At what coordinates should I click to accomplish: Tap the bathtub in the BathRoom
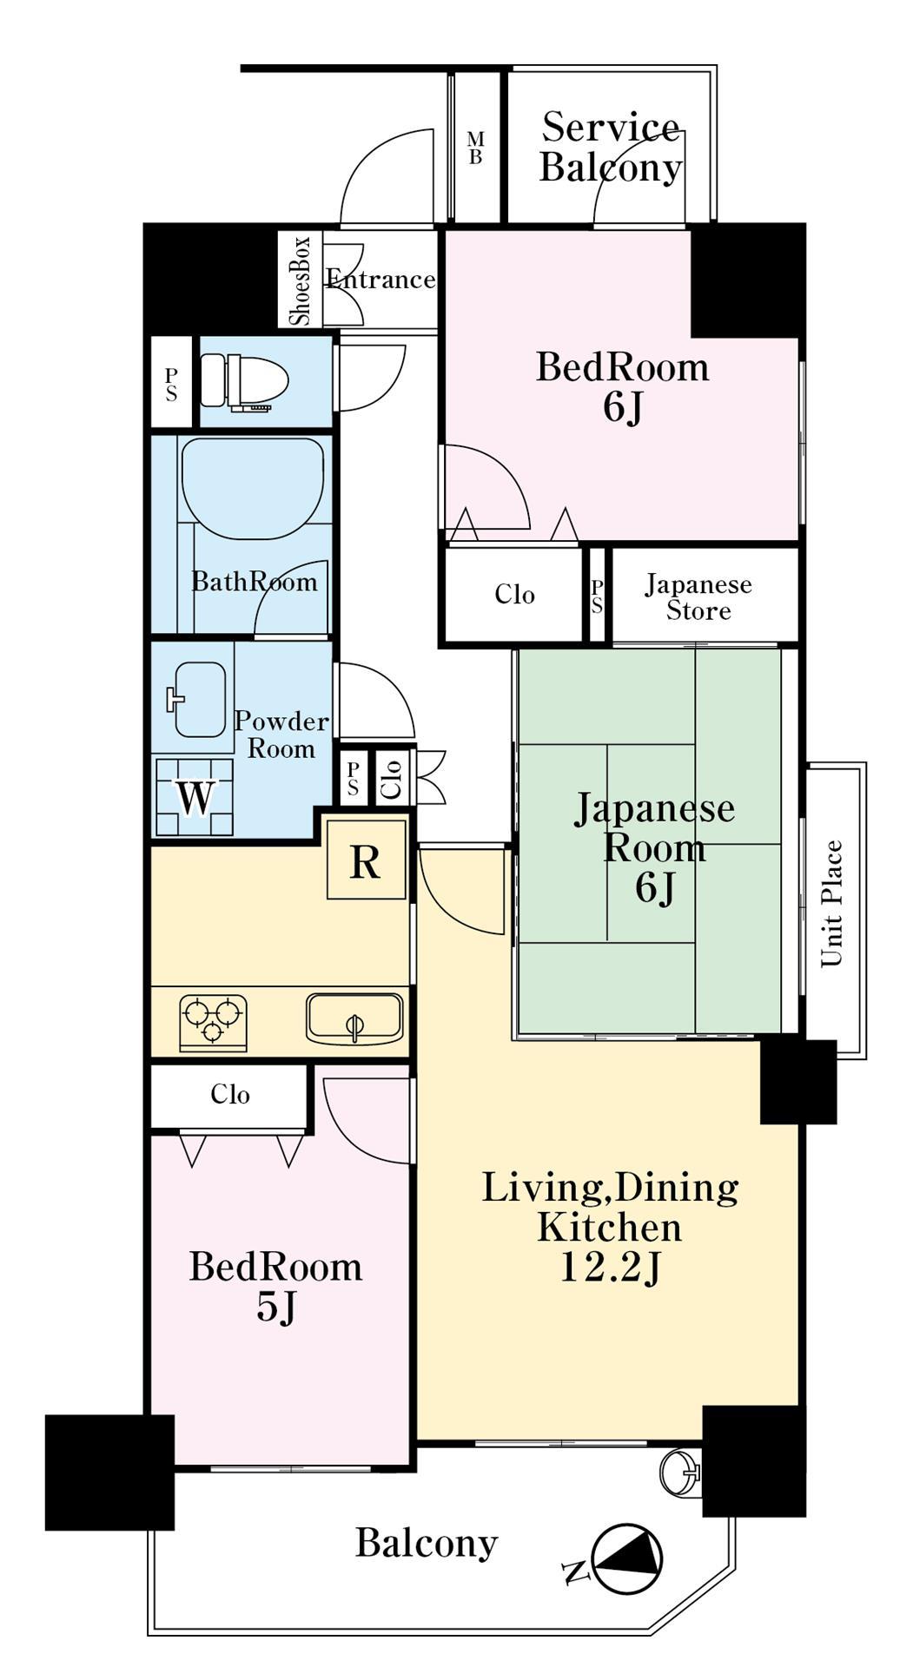coord(253,488)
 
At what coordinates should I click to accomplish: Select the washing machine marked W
coord(195,797)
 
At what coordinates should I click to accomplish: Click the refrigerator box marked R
coord(366,860)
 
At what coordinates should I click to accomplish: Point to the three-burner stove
coord(213,1019)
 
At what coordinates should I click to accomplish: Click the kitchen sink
coord(354,1019)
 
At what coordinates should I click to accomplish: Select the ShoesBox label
coord(301,280)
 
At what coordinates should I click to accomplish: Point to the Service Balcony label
coord(610,147)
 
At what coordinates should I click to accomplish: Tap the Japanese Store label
coord(698,596)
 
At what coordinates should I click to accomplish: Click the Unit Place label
coord(832,903)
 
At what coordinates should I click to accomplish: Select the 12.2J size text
coord(610,1268)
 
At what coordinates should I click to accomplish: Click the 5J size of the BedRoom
coord(276,1307)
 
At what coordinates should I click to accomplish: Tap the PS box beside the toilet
coord(171,382)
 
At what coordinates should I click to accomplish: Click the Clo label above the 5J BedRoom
coord(230,1094)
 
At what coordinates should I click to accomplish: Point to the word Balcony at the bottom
coord(427,1543)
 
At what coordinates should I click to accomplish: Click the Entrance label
coord(381,279)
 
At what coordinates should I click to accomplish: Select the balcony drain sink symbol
coord(679,1472)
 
